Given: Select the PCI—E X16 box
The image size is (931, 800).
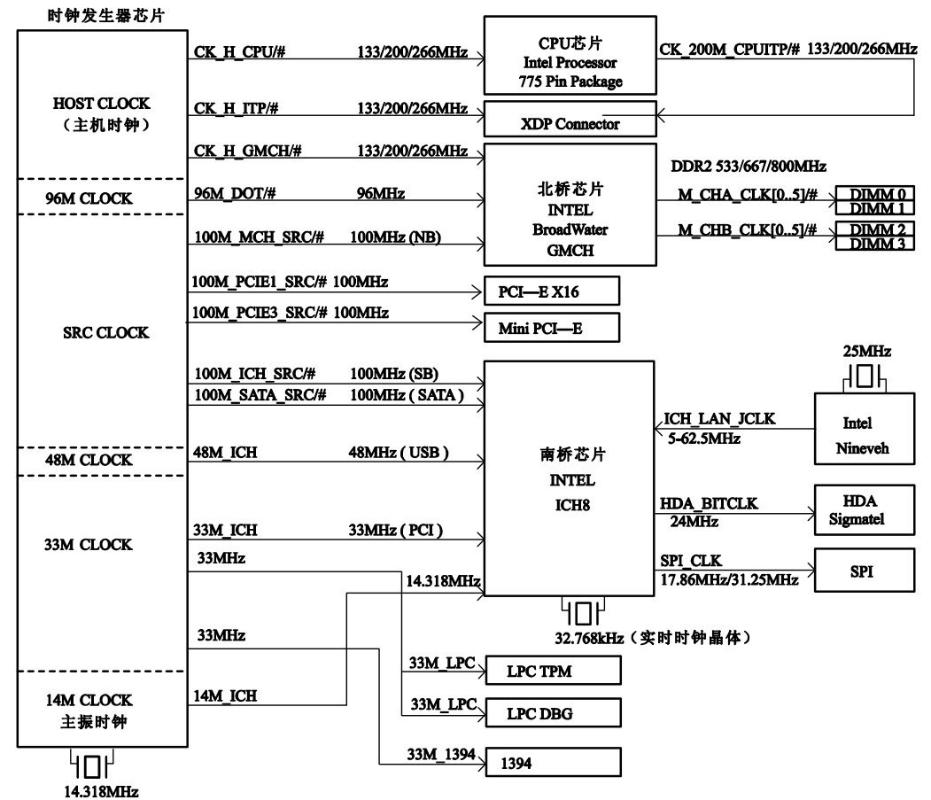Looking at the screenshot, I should pos(551,291).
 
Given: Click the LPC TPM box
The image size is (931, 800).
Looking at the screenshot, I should pos(551,672).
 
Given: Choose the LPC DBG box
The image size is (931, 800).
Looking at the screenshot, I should pos(551,711).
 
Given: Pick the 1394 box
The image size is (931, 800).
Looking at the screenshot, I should pos(551,763).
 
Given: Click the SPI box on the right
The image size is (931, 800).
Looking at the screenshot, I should pos(862,571).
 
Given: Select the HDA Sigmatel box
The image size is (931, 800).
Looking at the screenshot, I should pos(862,509).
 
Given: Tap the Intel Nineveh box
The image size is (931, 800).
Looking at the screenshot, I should pos(862,436).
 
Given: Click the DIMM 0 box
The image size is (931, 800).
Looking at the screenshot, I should pos(874,194).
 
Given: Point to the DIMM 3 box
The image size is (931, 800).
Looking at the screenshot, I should pos(874,244).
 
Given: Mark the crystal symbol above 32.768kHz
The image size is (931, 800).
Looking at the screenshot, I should pos(582,612).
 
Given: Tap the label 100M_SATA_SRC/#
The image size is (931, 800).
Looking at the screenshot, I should pos(260,394).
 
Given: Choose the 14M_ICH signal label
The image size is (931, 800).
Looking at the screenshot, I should pos(225,696).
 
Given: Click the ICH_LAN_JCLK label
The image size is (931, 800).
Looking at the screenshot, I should pos(719,419).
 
